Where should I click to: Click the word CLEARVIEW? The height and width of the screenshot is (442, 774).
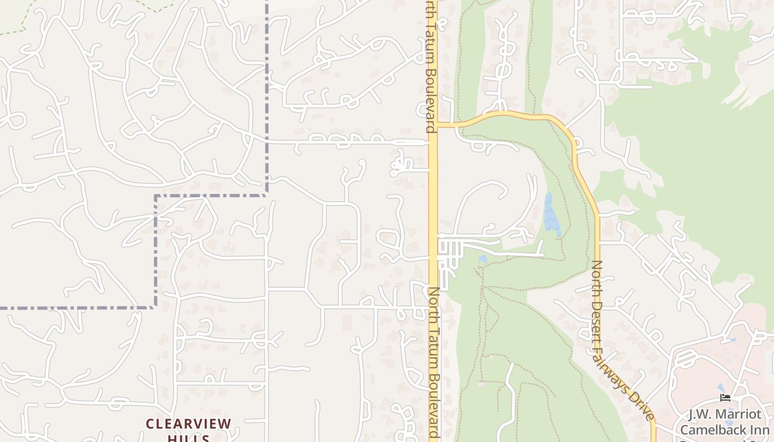coord(189,424)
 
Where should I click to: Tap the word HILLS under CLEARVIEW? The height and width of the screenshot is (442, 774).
coord(189,438)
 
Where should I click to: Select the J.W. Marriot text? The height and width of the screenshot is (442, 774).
coord(724,414)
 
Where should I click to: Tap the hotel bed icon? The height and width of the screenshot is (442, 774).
coord(726,398)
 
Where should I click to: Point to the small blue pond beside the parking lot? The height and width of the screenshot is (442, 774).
coord(483,258)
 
